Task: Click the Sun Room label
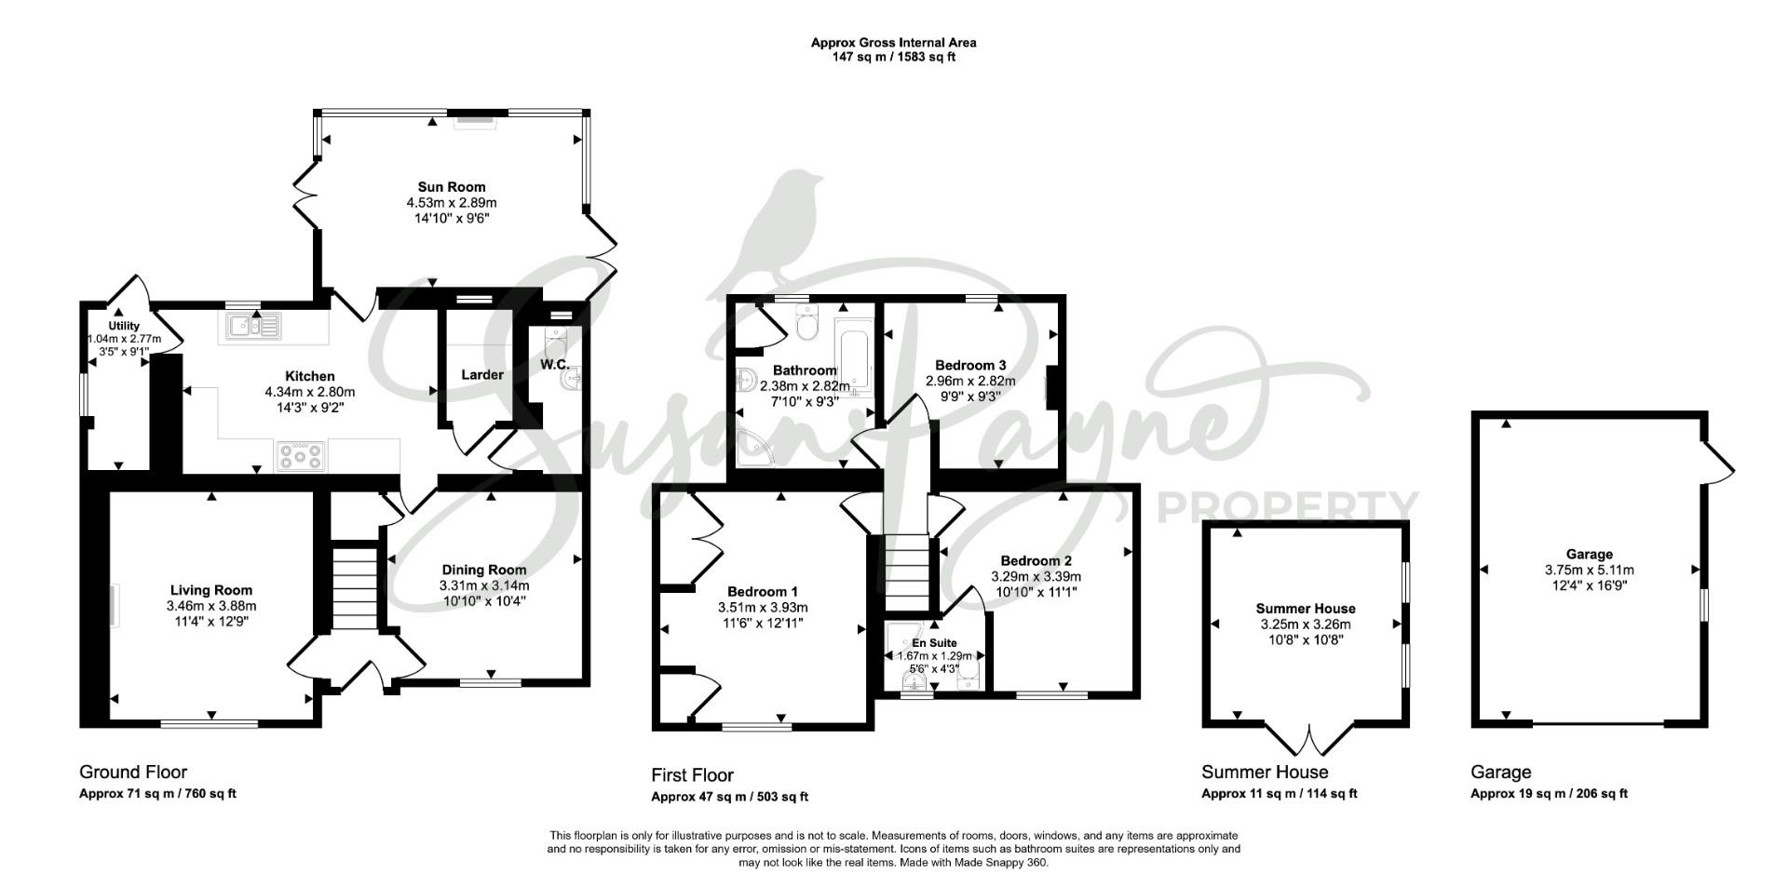tap(452, 187)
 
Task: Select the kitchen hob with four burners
tap(300, 456)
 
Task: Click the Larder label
tap(482, 375)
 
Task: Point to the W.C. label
tap(555, 364)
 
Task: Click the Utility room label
tap(124, 326)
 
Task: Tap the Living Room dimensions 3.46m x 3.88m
tap(211, 606)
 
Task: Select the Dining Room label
tap(484, 570)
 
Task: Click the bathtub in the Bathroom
tap(853, 357)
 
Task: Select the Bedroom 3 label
tap(970, 365)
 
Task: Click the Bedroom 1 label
tap(763, 592)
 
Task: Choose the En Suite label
tap(933, 643)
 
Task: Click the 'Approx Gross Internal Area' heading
tap(894, 42)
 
